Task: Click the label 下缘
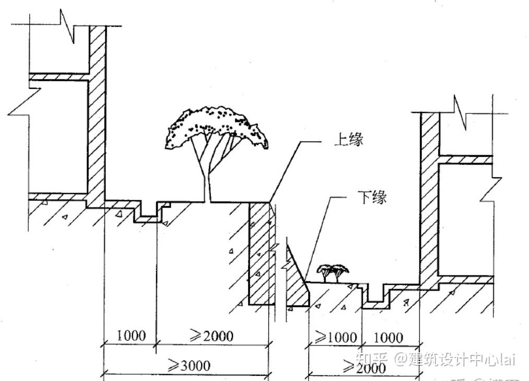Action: (x=372, y=198)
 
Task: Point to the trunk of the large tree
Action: (x=207, y=178)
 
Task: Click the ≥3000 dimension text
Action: (x=189, y=364)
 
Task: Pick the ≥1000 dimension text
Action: (x=334, y=337)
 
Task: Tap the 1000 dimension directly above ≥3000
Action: (x=131, y=335)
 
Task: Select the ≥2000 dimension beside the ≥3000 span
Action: (x=211, y=335)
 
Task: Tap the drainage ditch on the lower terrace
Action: (x=376, y=296)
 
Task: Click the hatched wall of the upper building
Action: (x=97, y=115)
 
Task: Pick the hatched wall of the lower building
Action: (x=430, y=199)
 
